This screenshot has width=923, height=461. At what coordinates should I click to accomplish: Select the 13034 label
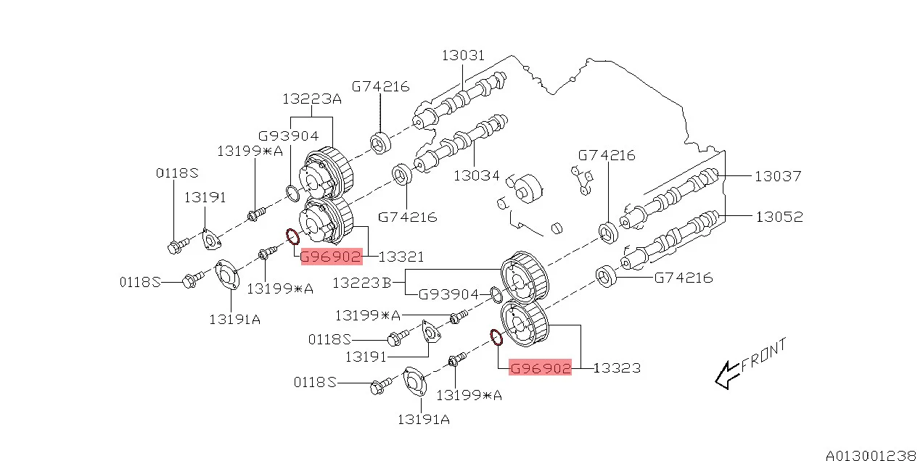click(x=476, y=175)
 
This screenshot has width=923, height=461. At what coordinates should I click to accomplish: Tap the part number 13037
click(x=778, y=175)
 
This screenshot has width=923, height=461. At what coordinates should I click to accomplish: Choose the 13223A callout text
click(x=312, y=99)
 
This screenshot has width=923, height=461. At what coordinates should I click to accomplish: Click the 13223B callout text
click(x=361, y=283)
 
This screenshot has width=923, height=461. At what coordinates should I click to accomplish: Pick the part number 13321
click(x=401, y=257)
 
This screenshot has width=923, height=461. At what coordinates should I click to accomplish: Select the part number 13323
click(x=617, y=368)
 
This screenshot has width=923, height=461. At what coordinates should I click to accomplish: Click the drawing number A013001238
click(x=871, y=454)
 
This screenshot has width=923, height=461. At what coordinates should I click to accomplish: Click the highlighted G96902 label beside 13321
click(x=331, y=257)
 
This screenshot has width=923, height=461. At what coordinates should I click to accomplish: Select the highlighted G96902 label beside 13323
click(x=540, y=368)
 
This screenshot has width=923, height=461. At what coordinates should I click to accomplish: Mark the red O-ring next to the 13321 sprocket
click(x=292, y=236)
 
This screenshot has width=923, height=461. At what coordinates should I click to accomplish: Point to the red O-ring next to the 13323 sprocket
click(x=496, y=336)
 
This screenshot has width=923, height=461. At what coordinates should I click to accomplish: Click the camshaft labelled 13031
click(x=464, y=98)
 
